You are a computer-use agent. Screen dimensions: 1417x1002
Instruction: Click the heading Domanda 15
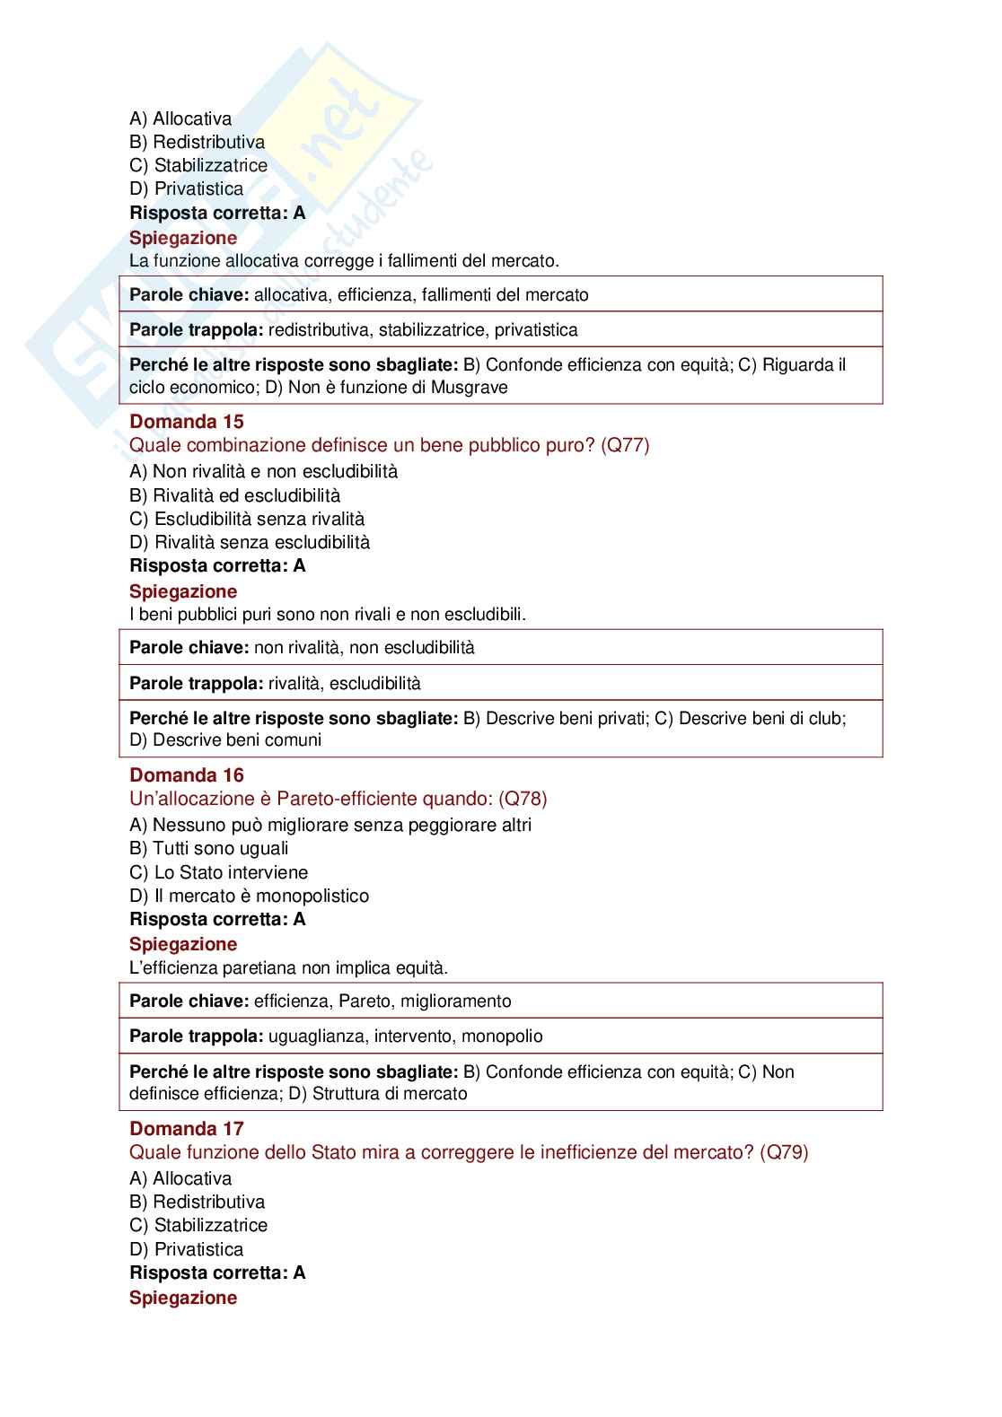click(x=187, y=422)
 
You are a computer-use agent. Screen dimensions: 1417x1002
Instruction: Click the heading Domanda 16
click(x=187, y=775)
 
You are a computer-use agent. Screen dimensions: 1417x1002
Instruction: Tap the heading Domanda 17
click(x=187, y=1129)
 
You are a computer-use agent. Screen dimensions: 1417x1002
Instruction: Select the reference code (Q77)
click(x=625, y=445)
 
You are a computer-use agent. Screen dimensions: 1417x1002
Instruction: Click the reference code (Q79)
click(x=784, y=1152)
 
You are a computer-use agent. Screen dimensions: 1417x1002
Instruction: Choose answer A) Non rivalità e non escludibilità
click(x=263, y=472)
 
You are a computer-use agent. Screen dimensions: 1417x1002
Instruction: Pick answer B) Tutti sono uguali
click(x=209, y=849)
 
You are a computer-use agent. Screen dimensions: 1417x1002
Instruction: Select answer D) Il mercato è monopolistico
click(x=249, y=896)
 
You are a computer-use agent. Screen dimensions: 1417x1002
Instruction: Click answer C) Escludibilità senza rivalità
click(x=247, y=519)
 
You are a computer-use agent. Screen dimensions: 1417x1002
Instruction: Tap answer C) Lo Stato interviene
click(x=218, y=872)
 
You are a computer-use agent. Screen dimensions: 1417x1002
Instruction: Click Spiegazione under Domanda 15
click(x=183, y=591)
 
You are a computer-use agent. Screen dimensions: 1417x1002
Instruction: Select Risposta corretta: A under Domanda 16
click(x=217, y=919)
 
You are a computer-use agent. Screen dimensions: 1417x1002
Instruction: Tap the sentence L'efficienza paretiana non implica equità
click(x=288, y=967)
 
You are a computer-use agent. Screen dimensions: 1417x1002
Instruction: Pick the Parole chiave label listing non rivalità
click(x=189, y=648)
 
